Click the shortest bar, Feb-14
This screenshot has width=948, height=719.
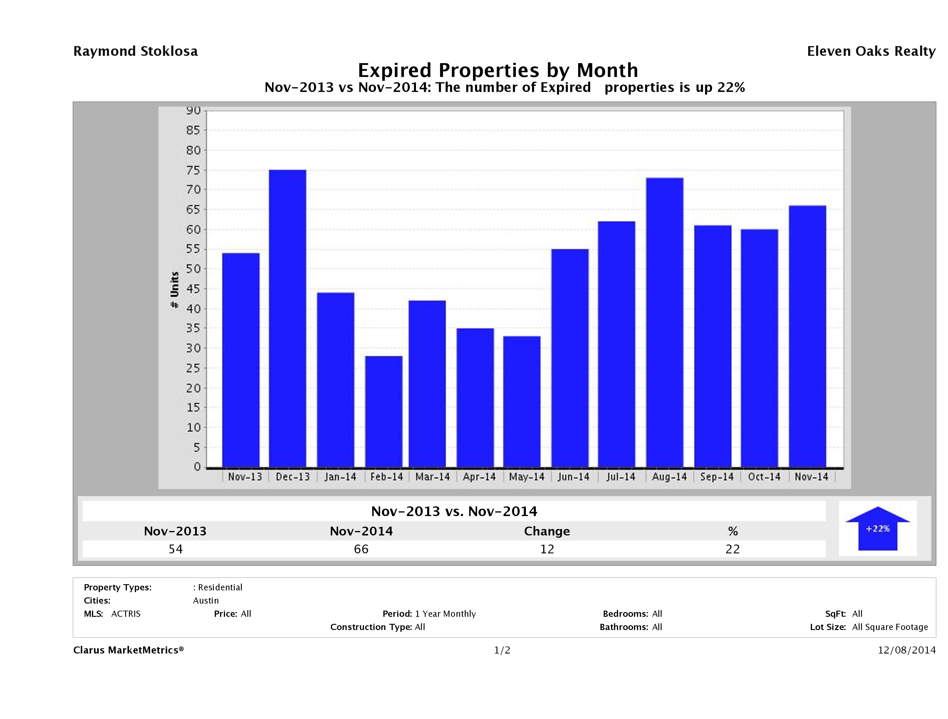pos(384,411)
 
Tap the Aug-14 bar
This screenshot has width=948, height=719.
pos(665,322)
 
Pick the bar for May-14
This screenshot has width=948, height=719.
pos(521,402)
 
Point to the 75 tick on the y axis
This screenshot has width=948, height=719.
pos(193,170)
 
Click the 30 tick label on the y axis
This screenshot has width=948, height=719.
pos(193,348)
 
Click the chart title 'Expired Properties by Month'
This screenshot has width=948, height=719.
pos(498,70)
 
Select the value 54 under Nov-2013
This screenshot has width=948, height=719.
pos(176,549)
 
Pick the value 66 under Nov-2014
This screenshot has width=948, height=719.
pos(361,549)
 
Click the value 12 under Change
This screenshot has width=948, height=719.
pos(547,549)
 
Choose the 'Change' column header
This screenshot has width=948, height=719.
pos(547,531)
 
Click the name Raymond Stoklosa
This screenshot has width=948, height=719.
pos(135,51)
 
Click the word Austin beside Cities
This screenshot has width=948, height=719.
pos(206,601)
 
